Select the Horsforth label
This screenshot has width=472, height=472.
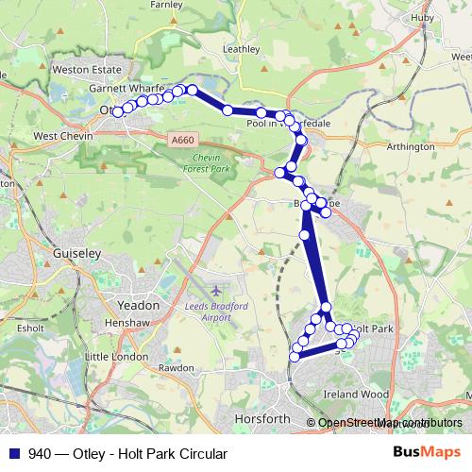(261, 418)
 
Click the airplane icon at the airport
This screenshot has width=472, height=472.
(217, 288)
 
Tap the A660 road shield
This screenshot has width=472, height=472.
(184, 140)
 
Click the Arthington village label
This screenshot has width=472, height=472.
(412, 146)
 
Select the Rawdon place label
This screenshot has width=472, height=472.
(176, 367)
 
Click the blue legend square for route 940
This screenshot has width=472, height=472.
(16, 453)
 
